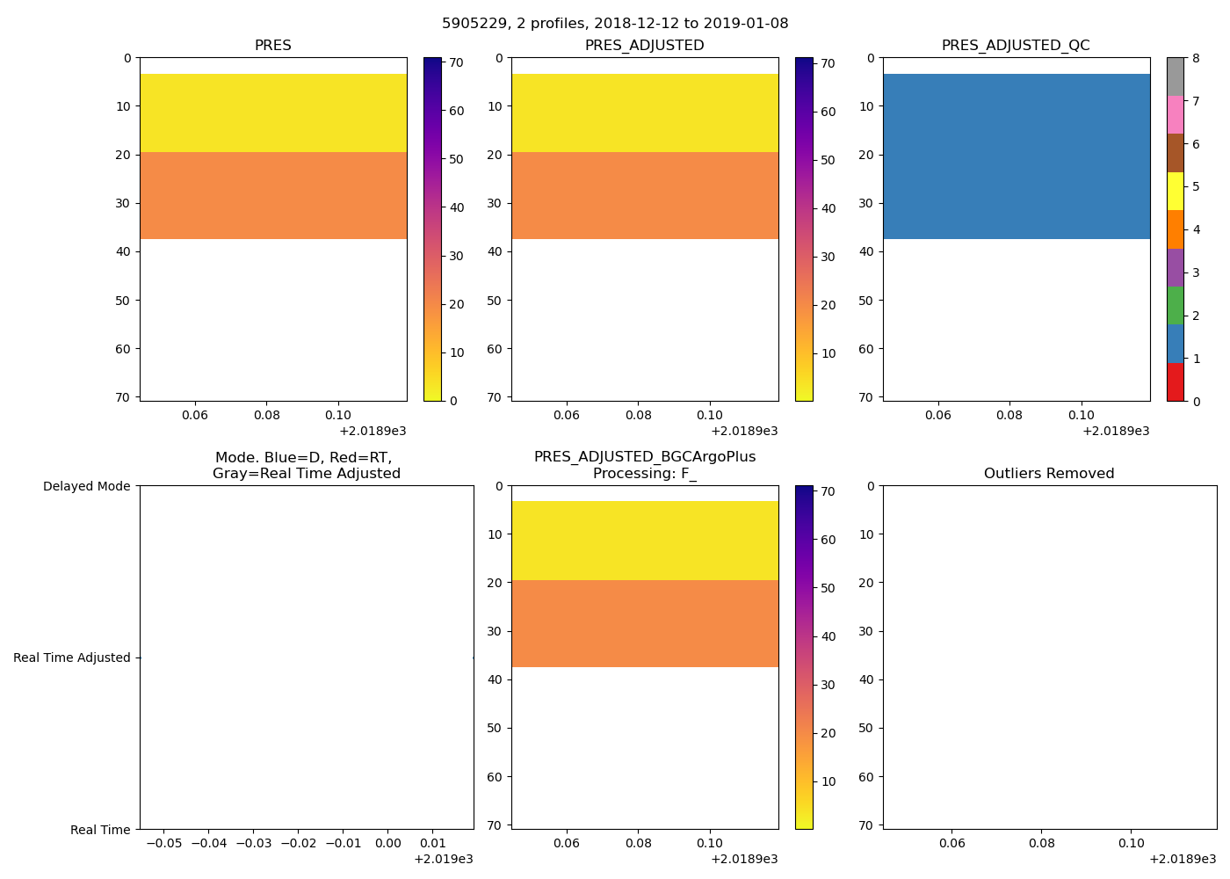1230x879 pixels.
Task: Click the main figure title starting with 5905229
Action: (x=615, y=24)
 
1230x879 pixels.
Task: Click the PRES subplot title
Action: (x=273, y=46)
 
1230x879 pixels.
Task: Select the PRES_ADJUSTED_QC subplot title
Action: (x=1016, y=46)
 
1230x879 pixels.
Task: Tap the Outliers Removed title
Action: (x=1049, y=474)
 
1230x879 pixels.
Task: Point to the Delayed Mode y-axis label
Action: (x=86, y=486)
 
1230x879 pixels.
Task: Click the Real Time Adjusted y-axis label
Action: (x=72, y=657)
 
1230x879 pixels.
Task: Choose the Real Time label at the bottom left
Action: (x=100, y=830)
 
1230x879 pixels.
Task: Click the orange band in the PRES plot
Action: (x=273, y=195)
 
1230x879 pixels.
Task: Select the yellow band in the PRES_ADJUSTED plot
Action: (x=645, y=113)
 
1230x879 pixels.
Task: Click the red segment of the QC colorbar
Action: (x=1176, y=382)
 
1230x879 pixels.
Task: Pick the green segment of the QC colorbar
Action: (x=1176, y=306)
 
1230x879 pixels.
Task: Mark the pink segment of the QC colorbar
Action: (x=1176, y=115)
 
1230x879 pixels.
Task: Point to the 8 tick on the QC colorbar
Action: (x=1195, y=59)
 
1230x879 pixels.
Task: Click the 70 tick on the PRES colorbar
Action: (x=457, y=63)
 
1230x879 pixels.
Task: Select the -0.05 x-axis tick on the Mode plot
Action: (x=163, y=844)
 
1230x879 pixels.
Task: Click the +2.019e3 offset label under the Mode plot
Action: (x=444, y=859)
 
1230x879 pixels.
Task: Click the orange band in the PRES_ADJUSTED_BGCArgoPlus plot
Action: (x=645, y=623)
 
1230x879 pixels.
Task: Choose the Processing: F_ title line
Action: (x=645, y=474)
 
